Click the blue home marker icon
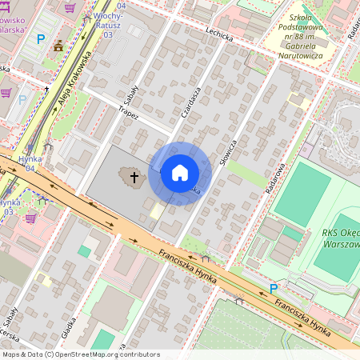tap(180, 173)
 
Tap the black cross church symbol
tap(134, 175)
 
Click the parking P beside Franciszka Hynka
tap(273, 288)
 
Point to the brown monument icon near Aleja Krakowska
tap(58, 45)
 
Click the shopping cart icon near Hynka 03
tap(30, 217)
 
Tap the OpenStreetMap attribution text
tap(80, 354)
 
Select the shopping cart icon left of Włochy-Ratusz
tap(72, 8)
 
